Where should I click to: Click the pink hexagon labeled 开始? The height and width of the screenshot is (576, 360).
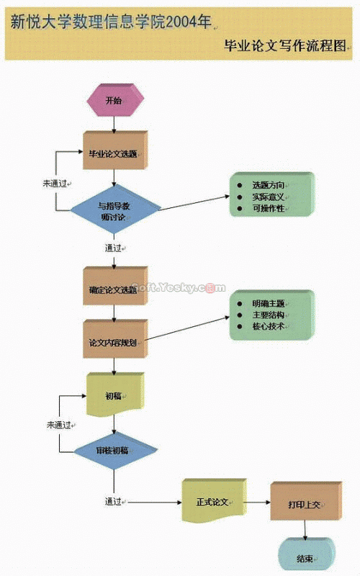point(114,101)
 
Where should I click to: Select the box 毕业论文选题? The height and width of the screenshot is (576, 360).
point(113,153)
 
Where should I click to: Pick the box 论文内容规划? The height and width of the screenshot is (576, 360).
point(113,342)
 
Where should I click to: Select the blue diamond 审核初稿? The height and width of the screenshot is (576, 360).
point(114,450)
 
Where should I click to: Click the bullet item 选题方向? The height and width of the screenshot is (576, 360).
point(268,185)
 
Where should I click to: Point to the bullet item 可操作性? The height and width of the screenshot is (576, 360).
point(268,208)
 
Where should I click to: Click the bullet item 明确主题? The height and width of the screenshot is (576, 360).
point(268,303)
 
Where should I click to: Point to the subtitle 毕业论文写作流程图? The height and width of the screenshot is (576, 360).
point(286,45)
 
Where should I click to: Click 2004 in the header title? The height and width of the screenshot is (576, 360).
point(181,22)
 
